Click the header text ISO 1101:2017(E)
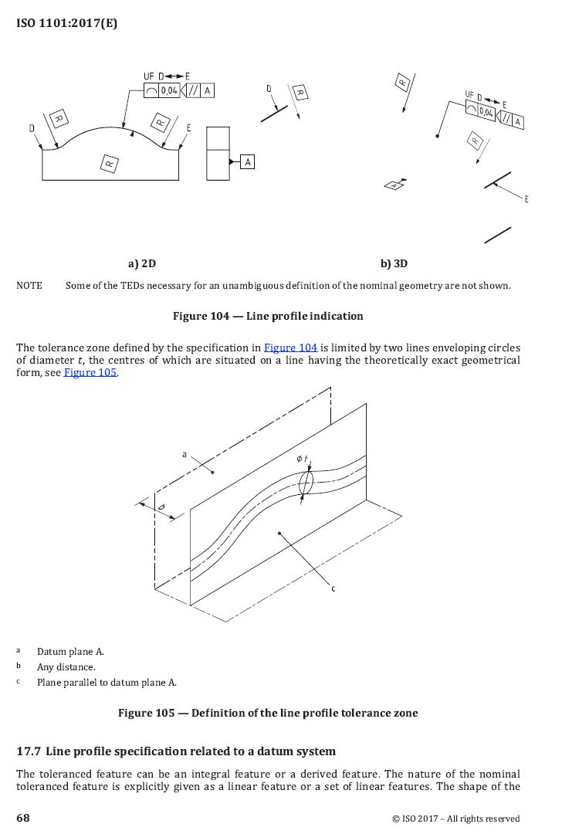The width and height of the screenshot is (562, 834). pyautogui.click(x=66, y=23)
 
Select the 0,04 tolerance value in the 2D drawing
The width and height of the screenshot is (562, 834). pyautogui.click(x=169, y=91)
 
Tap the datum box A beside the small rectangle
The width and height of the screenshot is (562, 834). pyautogui.click(x=247, y=161)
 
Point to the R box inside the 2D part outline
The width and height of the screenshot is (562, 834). pyautogui.click(x=110, y=163)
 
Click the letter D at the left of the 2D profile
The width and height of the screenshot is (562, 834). pyautogui.click(x=32, y=128)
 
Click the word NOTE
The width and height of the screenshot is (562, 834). pyautogui.click(x=29, y=286)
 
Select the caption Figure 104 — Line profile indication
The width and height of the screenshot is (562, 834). pyautogui.click(x=268, y=316)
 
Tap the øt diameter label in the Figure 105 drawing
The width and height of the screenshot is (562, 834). pyautogui.click(x=302, y=460)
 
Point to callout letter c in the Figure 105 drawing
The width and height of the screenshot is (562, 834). pyautogui.click(x=333, y=589)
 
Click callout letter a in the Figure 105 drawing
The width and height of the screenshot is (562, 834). pyautogui.click(x=184, y=455)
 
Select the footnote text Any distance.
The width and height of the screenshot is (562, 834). pyautogui.click(x=66, y=666)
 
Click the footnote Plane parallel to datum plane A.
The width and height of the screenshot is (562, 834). pyautogui.click(x=107, y=682)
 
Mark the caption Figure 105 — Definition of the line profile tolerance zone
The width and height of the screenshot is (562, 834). pyautogui.click(x=268, y=713)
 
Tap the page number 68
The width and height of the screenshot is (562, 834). pyautogui.click(x=23, y=818)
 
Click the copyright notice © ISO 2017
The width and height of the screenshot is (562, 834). pyautogui.click(x=455, y=819)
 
